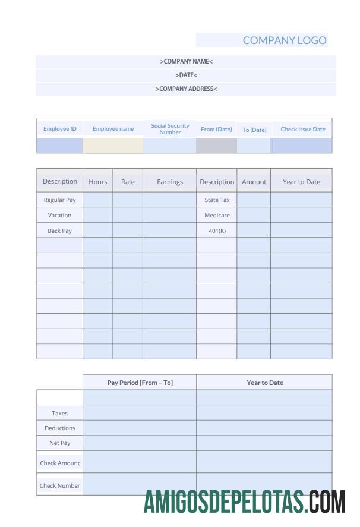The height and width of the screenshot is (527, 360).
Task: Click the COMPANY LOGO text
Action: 284,40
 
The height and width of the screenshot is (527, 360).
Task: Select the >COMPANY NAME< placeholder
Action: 186,61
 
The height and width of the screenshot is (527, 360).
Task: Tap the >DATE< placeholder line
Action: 186,75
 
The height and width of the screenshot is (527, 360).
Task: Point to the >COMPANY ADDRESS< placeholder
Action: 186,89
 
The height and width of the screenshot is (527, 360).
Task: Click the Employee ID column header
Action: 60,129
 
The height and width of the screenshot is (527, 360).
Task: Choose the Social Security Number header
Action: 170,129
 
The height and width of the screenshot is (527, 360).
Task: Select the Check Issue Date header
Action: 302,129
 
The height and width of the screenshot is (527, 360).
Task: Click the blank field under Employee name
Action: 113,146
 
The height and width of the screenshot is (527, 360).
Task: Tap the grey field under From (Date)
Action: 216,146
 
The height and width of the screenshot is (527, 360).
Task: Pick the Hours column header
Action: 98,182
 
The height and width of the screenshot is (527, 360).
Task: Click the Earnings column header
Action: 170,182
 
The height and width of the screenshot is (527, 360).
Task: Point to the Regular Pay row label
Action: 60,200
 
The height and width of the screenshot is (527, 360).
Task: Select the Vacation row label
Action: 60,215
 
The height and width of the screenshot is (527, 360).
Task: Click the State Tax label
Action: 217,200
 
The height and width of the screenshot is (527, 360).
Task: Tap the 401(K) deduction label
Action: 217,231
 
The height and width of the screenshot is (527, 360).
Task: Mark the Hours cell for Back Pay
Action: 98,231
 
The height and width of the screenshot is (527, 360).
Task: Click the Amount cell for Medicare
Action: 254,215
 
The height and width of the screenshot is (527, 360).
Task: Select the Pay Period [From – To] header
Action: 140,383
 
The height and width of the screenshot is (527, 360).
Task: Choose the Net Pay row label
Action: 60,443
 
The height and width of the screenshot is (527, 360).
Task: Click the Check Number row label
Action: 60,485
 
